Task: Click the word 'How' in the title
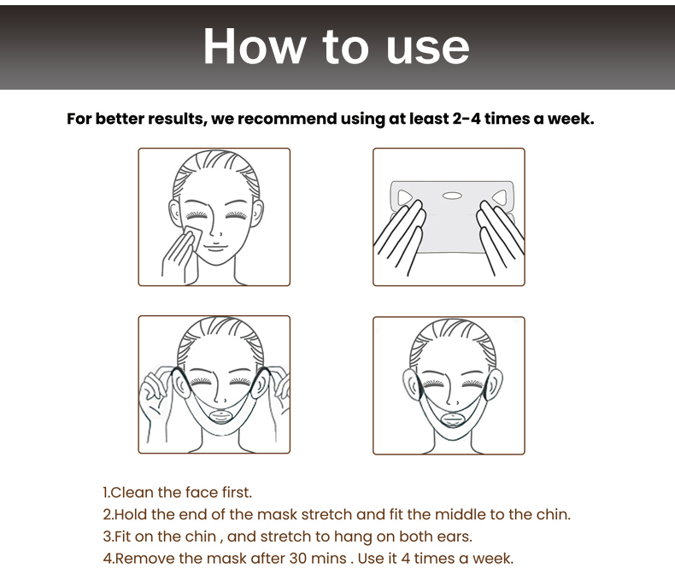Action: pos(255,46)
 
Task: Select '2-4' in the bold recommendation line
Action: pos(467,119)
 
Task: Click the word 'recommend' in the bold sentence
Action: pos(287,119)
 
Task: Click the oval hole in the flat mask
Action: pos(452,196)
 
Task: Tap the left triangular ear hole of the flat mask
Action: pos(405,197)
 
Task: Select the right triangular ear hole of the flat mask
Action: pos(499,197)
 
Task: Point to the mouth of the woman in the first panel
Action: pos(214,247)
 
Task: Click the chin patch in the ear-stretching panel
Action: pos(220,418)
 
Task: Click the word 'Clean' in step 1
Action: pos(132,492)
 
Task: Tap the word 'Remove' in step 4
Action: pos(144,559)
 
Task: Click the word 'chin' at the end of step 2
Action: pos(553,514)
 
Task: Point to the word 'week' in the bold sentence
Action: pos(571,119)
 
